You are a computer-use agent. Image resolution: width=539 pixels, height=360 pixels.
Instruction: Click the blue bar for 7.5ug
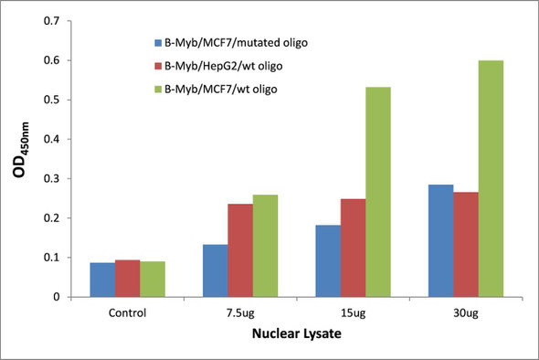(216, 270)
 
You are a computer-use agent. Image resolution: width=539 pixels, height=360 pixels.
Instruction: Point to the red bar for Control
(129, 278)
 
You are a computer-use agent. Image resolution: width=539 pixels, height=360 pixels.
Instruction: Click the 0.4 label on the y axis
(58, 139)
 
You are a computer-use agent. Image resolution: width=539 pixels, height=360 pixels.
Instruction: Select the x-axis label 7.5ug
(240, 312)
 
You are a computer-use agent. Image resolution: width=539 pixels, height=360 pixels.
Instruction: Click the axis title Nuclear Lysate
(297, 335)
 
